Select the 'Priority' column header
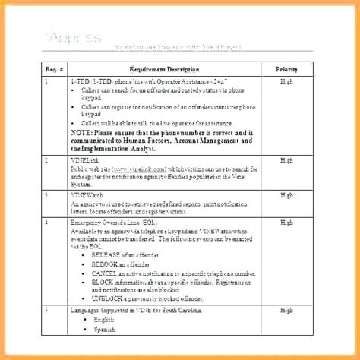point(286,68)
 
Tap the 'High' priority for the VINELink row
point(286,160)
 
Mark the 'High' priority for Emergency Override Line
point(286,222)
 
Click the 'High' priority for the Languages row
point(286,310)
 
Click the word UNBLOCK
point(106,299)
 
